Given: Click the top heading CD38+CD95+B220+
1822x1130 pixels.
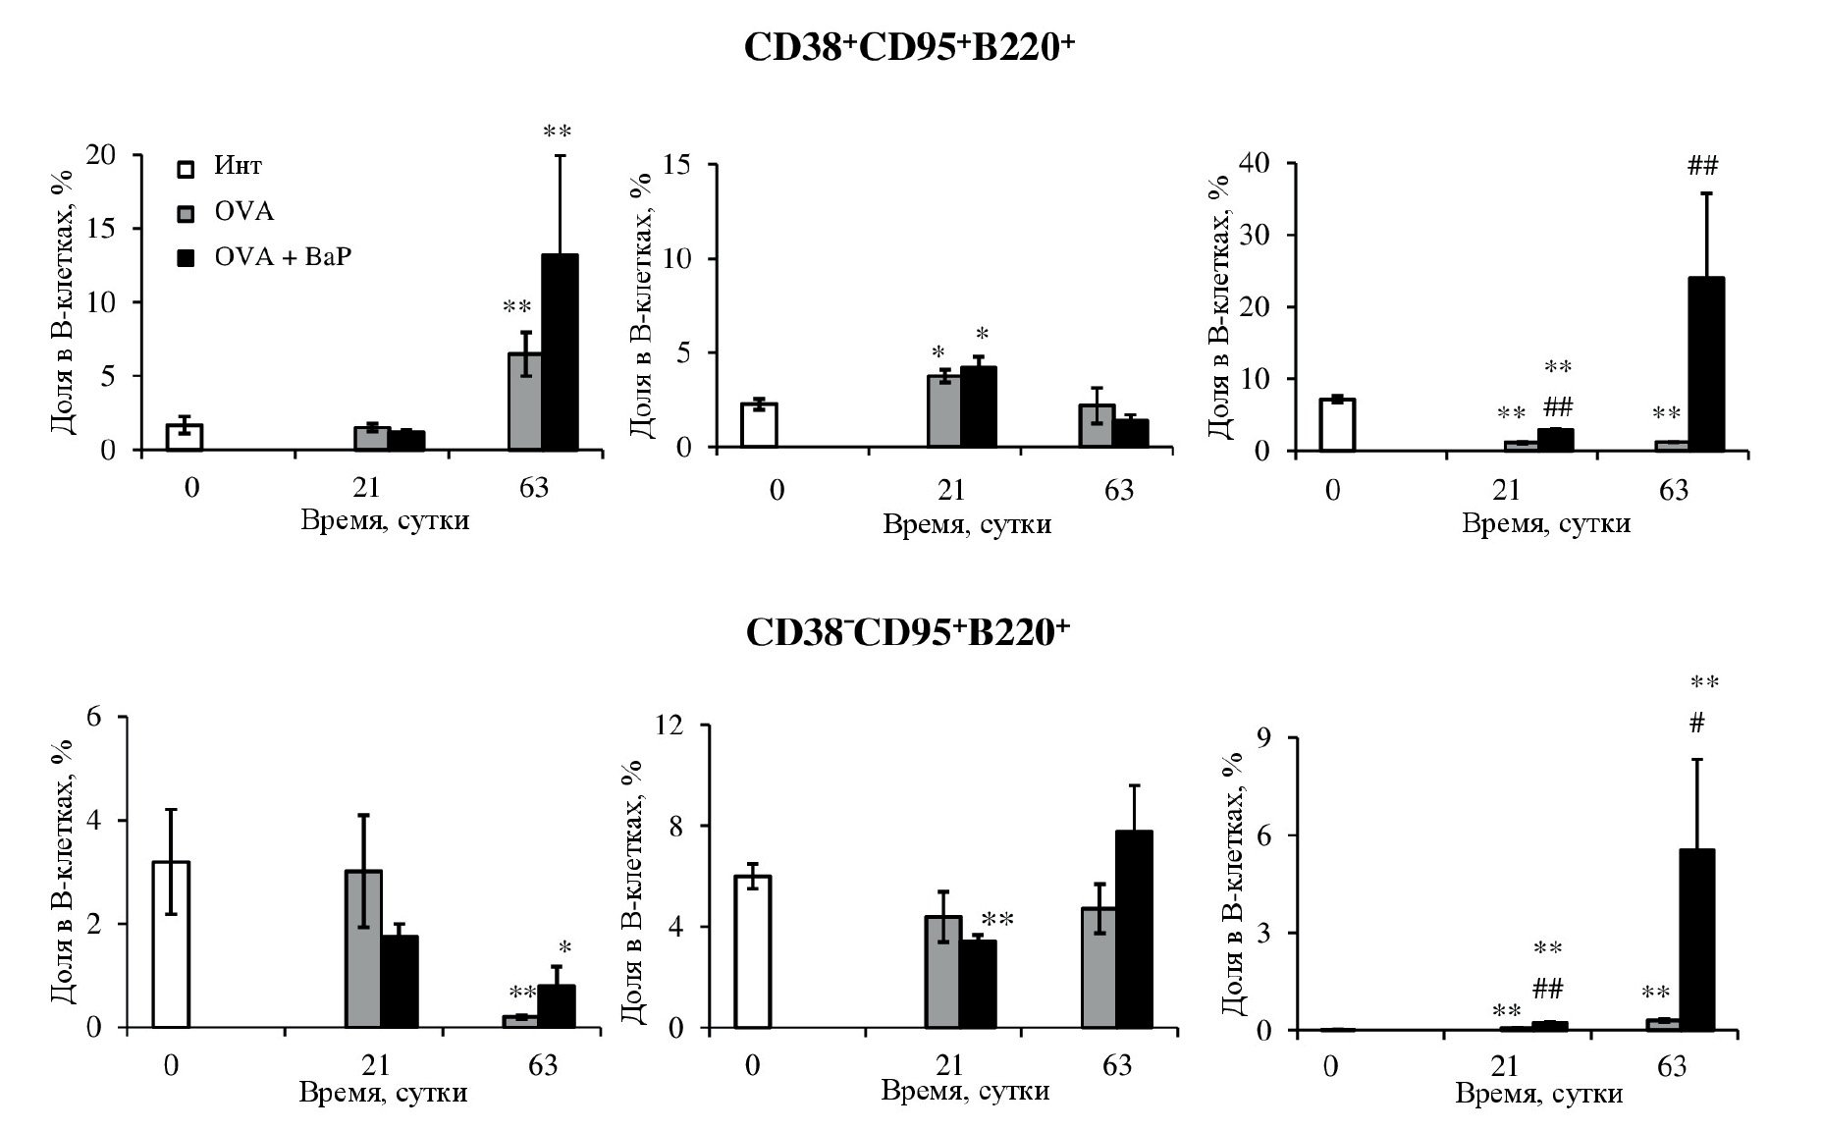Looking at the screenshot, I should pyautogui.click(x=908, y=49).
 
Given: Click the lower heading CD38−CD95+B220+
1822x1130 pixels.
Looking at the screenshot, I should pyautogui.click(x=908, y=632).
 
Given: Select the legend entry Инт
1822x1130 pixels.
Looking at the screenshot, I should pyautogui.click(x=238, y=166).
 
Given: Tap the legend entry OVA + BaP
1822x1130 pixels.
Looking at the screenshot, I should pyautogui.click(x=283, y=257).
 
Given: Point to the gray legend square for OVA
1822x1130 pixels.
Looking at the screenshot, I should pyautogui.click(x=187, y=213).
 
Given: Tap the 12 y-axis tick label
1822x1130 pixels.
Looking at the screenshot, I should pyautogui.click(x=671, y=726).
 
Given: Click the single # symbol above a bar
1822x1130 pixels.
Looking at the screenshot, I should pyautogui.click(x=1696, y=725).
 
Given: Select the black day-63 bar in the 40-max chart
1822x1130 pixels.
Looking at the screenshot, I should pyautogui.click(x=1706, y=364).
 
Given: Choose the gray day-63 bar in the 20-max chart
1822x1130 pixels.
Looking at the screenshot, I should pyautogui.click(x=525, y=402).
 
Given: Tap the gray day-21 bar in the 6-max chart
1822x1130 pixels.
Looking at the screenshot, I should pyautogui.click(x=363, y=948).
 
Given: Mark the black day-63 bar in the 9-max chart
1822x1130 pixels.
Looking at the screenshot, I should pyautogui.click(x=1696, y=940).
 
